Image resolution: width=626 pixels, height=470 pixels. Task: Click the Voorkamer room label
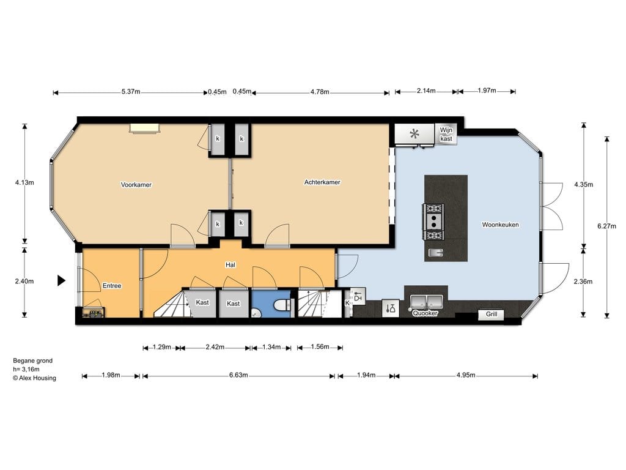tap(136, 185)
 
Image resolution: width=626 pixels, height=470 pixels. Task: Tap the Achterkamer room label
tap(322, 182)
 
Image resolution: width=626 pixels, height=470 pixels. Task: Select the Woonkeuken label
tap(500, 225)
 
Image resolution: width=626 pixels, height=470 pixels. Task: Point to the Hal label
tap(230, 264)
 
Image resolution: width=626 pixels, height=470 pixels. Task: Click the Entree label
tap(112, 286)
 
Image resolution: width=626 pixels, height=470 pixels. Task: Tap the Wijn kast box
tap(446, 134)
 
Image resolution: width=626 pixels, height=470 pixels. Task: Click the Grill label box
tap(491, 315)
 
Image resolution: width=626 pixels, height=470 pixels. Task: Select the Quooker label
tap(425, 313)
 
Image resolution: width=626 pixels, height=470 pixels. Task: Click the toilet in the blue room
tap(283, 305)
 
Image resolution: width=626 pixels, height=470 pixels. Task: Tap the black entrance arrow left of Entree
tap(61, 280)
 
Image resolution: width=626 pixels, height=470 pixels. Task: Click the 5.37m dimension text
tap(131, 92)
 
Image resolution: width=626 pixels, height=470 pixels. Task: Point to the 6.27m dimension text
tap(606, 226)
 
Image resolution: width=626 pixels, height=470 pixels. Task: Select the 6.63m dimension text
tap(238, 375)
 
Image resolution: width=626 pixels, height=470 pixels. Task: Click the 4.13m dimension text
tap(24, 182)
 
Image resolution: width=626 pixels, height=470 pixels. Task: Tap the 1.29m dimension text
tap(162, 347)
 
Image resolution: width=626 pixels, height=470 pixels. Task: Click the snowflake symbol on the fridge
tap(414, 134)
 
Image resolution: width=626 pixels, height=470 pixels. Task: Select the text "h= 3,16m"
tap(26, 369)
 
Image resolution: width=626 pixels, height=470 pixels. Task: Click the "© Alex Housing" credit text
tap(34, 378)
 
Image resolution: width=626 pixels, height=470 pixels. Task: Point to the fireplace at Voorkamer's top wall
tap(144, 127)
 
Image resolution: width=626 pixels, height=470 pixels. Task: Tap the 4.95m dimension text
tap(466, 375)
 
